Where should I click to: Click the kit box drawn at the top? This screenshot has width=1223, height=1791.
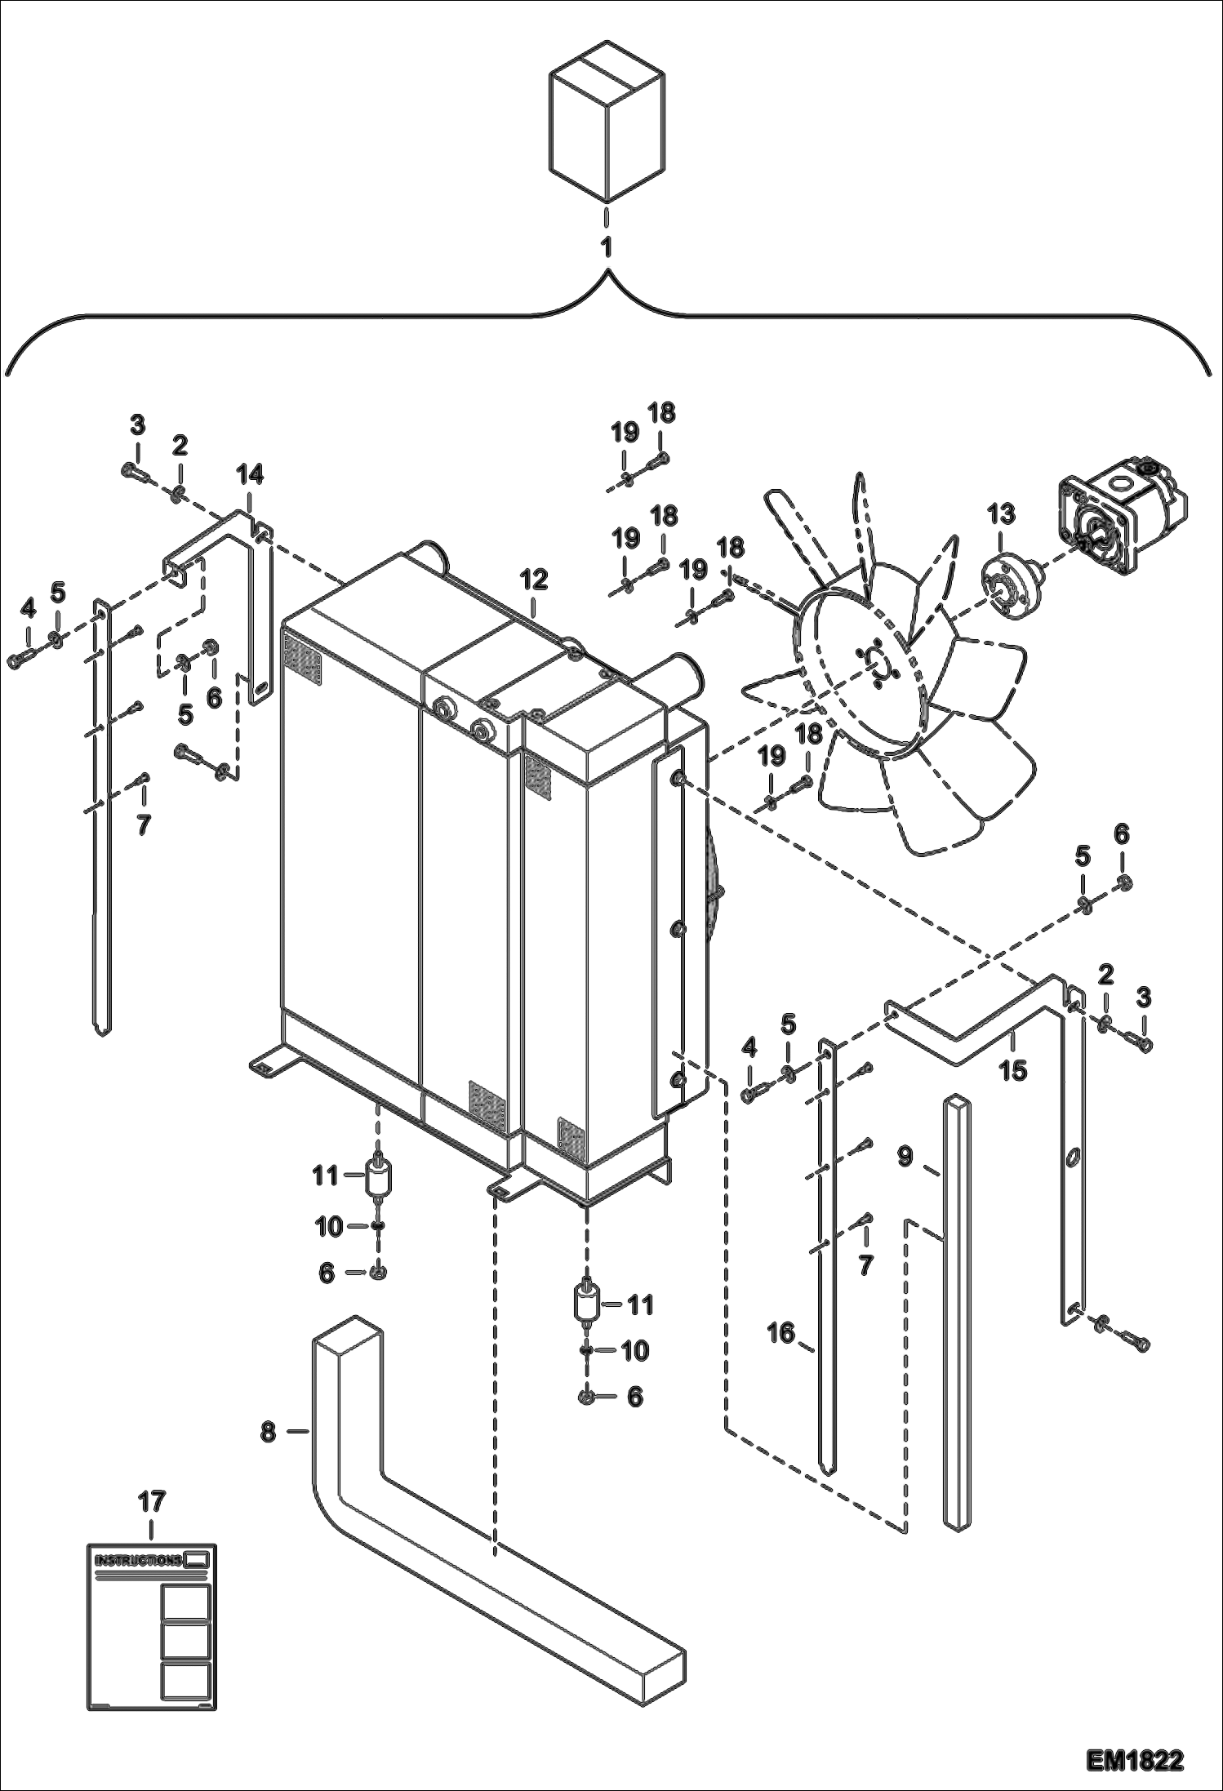605,122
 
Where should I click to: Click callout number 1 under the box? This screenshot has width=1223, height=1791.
606,247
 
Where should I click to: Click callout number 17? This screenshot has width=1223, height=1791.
152,1501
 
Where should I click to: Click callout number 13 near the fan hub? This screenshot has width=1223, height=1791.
1001,514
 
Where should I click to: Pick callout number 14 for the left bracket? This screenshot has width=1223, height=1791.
250,474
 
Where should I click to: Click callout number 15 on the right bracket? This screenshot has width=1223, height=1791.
1013,1069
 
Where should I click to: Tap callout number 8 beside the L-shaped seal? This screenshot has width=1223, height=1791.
269,1432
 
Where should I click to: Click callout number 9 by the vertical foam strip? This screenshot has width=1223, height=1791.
905,1158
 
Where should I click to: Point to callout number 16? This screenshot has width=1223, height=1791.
780,1334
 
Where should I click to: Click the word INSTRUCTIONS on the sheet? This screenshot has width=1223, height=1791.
139,1561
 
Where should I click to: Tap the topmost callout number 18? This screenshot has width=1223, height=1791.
662,413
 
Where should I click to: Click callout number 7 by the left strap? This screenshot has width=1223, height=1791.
144,825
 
